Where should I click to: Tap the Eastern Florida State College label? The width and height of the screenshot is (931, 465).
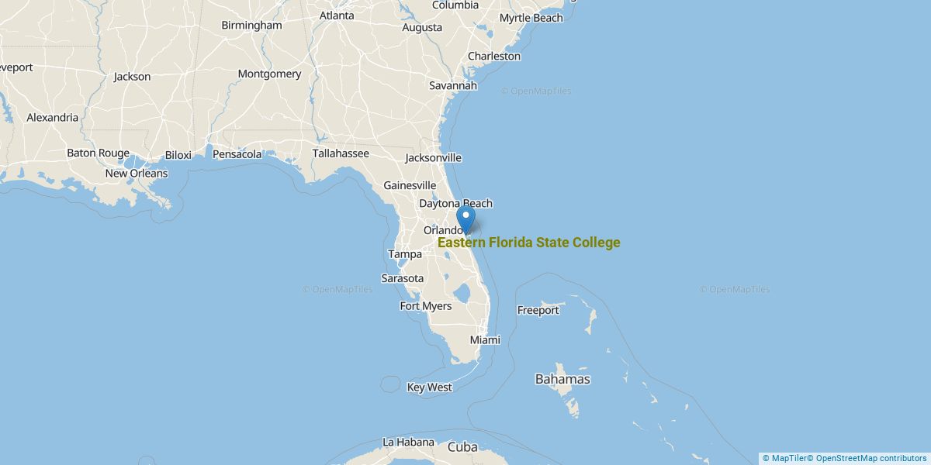coord(528,243)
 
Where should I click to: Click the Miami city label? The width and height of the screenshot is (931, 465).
coord(485,340)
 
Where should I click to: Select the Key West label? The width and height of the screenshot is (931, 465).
coord(429,387)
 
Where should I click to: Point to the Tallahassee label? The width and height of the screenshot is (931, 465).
coord(341,153)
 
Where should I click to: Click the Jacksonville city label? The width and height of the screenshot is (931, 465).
coord(433,158)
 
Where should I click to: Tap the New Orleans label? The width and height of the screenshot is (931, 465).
coord(137,174)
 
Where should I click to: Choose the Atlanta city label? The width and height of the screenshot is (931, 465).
coord(337,15)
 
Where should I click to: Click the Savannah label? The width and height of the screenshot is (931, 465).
coord(453,86)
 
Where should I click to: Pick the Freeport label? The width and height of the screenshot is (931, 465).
coord(538,311)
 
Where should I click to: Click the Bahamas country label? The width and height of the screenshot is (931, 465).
coord(562,380)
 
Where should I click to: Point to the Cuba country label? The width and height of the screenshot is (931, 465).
coord(462,447)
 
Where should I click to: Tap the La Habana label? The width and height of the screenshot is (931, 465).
coord(408,443)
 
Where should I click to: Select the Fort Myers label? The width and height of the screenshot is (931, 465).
coord(425,306)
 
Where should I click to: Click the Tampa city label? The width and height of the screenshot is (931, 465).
coord(405,254)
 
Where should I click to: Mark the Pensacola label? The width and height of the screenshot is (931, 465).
coord(237,154)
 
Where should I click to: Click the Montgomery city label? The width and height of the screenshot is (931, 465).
coord(269,74)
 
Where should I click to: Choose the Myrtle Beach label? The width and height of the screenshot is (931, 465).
coord(531,18)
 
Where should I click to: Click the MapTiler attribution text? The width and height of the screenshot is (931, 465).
coord(785,458)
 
